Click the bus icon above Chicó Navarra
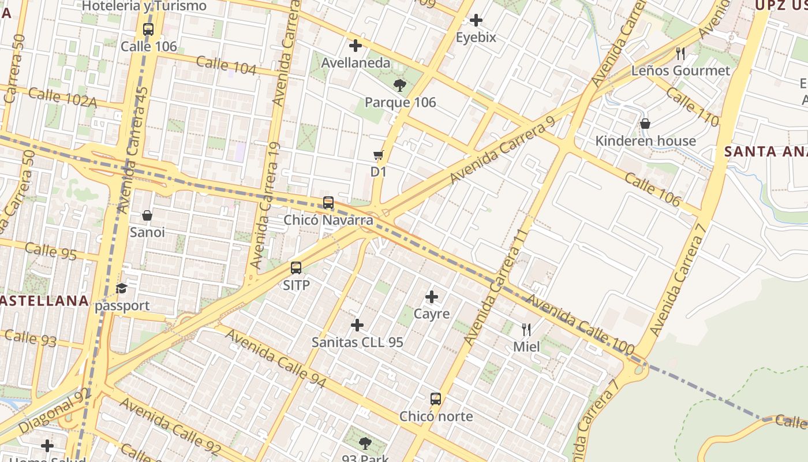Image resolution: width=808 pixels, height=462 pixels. click(x=328, y=203)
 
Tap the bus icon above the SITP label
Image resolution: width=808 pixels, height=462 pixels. click(x=296, y=268)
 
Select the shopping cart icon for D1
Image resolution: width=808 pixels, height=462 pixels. click(x=379, y=155)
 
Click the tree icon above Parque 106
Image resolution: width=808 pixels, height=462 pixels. click(x=399, y=86)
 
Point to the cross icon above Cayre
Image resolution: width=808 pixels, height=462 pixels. click(x=432, y=297)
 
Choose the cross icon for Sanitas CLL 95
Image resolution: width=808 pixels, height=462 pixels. click(x=357, y=325)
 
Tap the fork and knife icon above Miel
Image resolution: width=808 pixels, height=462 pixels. click(x=526, y=330)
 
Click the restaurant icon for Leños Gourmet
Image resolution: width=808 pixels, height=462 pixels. click(x=680, y=54)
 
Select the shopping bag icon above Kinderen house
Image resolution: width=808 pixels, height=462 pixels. click(x=645, y=124)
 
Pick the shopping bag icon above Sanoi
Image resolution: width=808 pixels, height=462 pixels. click(x=147, y=215)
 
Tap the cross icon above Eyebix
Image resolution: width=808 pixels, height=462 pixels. click(x=476, y=21)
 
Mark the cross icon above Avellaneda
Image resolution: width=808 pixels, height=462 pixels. click(x=356, y=46)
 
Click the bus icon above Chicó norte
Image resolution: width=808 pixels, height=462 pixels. click(x=436, y=399)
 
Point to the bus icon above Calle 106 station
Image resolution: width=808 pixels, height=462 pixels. click(x=148, y=29)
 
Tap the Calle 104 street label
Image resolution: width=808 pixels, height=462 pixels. click(x=226, y=65)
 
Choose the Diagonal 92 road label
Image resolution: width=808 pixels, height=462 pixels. click(x=54, y=411)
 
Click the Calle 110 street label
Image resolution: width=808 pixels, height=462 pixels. click(x=693, y=107)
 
